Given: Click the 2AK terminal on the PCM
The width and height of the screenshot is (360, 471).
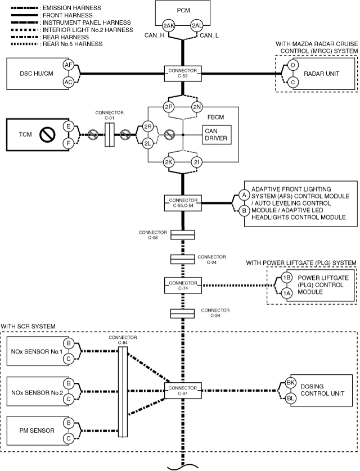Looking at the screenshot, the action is pyautogui.click(x=169, y=26).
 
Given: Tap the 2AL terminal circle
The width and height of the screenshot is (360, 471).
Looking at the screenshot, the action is pyautogui.click(x=197, y=26).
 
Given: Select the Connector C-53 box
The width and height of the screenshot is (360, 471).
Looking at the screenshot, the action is pyautogui.click(x=183, y=73).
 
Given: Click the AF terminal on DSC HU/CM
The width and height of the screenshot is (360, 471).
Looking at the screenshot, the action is pyautogui.click(x=69, y=65).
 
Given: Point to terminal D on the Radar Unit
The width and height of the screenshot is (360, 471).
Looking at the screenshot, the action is pyautogui.click(x=293, y=65).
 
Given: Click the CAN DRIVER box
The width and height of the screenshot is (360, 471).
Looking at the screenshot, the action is pyautogui.click(x=217, y=135).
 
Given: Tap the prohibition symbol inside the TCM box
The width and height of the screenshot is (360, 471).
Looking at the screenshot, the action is pyautogui.click(x=47, y=134).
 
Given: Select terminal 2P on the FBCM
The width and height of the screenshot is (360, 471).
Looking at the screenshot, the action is pyautogui.click(x=169, y=107).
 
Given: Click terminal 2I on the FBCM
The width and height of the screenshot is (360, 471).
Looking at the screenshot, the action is pyautogui.click(x=196, y=162).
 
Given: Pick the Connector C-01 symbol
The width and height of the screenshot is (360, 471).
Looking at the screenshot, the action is pyautogui.click(x=109, y=134).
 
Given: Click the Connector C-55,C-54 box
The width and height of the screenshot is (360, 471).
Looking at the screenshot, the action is pyautogui.click(x=183, y=203).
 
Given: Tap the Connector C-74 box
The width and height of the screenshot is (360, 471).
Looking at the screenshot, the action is pyautogui.click(x=183, y=286).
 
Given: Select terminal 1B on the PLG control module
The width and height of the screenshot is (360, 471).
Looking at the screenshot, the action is pyautogui.click(x=287, y=278).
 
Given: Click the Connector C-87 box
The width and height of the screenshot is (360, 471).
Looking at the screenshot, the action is pyautogui.click(x=183, y=391).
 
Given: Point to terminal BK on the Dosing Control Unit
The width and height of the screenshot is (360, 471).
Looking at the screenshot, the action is pyautogui.click(x=290, y=383).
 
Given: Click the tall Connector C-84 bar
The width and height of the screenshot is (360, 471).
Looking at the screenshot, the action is pyautogui.click(x=123, y=392).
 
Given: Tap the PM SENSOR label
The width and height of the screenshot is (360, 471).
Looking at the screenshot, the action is pyautogui.click(x=37, y=431).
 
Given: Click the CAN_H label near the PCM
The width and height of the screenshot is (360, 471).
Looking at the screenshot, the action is pyautogui.click(x=155, y=35).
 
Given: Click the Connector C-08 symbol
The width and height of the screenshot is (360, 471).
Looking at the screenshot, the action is pyautogui.click(x=183, y=235).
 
